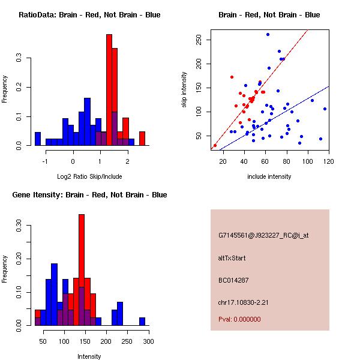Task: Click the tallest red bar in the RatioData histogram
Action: [x=109, y=90]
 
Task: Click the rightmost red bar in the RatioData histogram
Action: [x=142, y=139]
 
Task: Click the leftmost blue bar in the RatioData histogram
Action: [x=38, y=139]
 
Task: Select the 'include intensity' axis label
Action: [x=269, y=176]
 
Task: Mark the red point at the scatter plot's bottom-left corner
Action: [x=215, y=145]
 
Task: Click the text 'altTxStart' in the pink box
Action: [x=232, y=258]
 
